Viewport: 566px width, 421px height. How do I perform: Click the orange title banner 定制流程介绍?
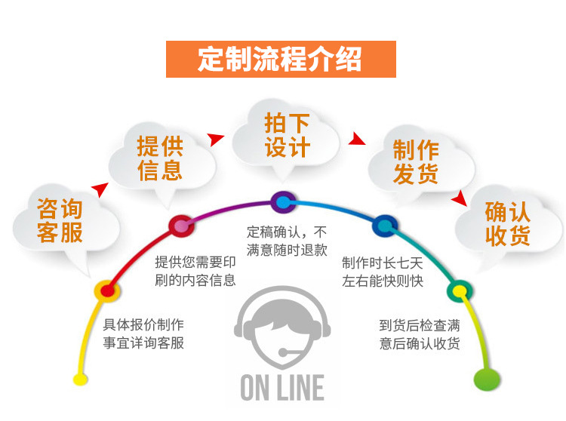coord(281,58)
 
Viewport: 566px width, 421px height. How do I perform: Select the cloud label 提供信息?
coord(160,157)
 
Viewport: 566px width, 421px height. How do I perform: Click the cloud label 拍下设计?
coord(287,135)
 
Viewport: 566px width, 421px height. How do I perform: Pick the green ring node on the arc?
coord(457,290)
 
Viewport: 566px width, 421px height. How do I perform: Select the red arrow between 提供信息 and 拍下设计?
coord(217,139)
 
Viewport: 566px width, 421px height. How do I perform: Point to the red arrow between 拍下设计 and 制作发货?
coord(356,140)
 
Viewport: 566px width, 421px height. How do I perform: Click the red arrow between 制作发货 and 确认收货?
coord(458,198)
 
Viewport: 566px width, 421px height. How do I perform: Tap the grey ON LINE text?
coord(282,387)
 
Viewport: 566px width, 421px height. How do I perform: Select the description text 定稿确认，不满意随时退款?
coord(287,240)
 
